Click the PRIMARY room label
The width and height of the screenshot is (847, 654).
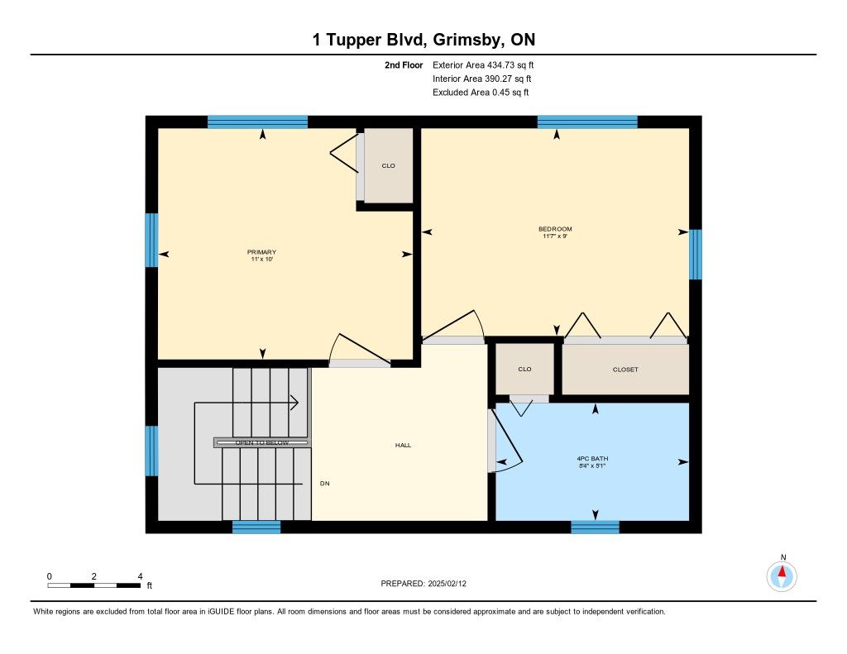261,252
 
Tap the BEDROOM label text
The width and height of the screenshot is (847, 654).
555,229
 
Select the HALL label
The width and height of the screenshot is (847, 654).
403,445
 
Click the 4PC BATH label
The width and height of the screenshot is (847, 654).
592,459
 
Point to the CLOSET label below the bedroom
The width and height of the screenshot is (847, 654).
625,370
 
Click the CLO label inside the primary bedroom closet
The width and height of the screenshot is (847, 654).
389,166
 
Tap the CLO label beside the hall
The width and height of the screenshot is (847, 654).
524,370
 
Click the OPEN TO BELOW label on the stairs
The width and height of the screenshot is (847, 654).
262,443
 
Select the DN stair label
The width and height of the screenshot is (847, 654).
324,484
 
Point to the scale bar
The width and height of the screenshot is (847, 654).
94,585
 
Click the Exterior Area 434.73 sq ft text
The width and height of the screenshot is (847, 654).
483,64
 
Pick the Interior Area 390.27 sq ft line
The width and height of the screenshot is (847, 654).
482,79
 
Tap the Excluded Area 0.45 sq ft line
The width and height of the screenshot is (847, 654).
481,93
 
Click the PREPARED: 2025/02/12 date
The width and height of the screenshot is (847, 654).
423,583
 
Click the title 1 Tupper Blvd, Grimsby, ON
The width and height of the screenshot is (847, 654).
424,40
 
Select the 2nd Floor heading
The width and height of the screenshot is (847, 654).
404,64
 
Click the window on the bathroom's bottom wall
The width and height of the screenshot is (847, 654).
595,527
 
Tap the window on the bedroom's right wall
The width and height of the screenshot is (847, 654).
695,255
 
